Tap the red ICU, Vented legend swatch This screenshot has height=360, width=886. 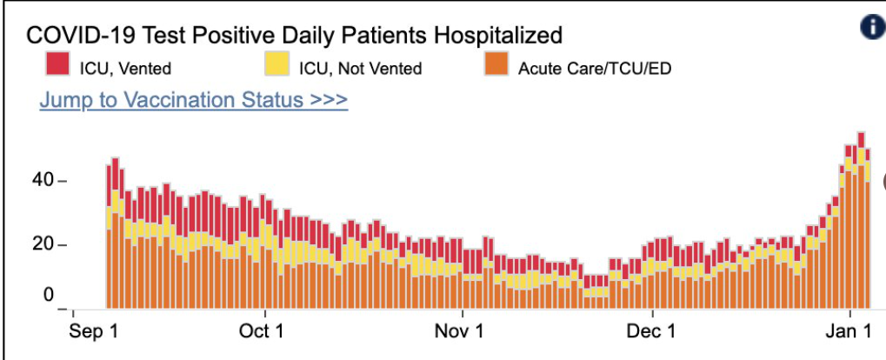coord(57,65)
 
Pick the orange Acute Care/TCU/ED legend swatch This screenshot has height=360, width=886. coord(498,65)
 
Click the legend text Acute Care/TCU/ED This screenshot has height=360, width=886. coord(595,67)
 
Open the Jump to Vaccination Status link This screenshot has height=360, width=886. coord(193,100)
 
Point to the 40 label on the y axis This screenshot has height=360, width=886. coord(43,181)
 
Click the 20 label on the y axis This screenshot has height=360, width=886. coord(43,244)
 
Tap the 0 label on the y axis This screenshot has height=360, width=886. coord(49,294)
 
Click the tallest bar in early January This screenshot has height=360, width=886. coord(861,217)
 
